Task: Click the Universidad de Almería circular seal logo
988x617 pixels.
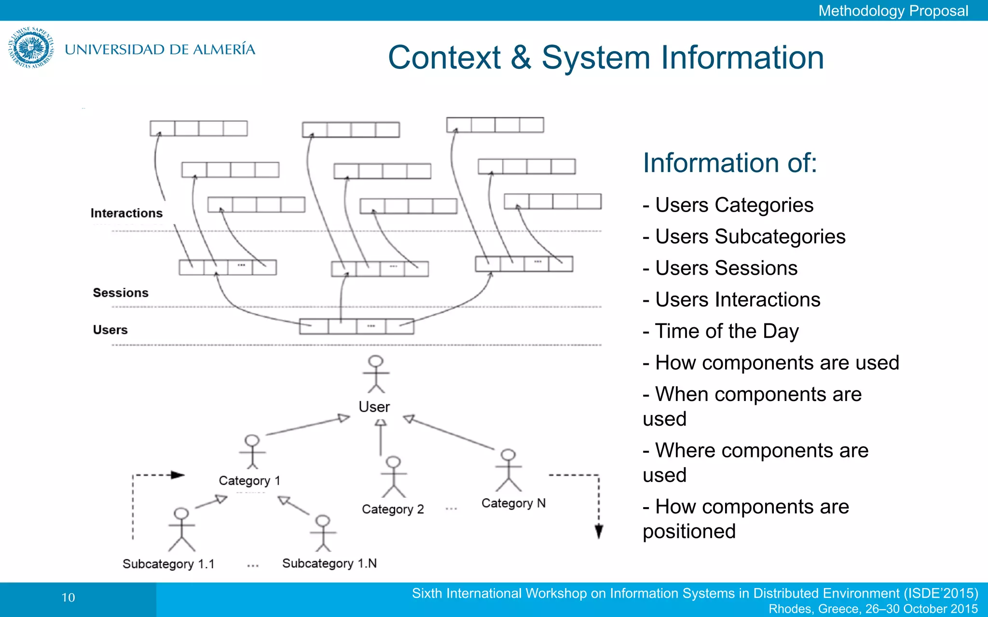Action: (x=31, y=48)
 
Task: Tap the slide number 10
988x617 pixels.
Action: (x=69, y=598)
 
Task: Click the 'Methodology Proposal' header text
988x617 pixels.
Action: (x=893, y=11)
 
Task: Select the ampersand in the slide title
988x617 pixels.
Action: (x=521, y=58)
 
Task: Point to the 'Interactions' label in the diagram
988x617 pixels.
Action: (x=126, y=213)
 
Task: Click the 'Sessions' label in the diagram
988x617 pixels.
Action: (x=121, y=293)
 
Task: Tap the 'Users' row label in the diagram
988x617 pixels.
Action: (x=110, y=330)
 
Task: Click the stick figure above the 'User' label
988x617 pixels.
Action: (x=376, y=374)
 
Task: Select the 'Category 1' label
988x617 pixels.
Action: (x=249, y=481)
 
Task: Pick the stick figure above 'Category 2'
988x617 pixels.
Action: (x=394, y=476)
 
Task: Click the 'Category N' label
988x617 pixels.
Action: (x=513, y=503)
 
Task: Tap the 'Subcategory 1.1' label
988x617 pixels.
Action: (x=168, y=564)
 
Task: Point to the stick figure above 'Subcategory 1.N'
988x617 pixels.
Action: (x=323, y=533)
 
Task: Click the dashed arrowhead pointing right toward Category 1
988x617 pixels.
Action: (x=178, y=475)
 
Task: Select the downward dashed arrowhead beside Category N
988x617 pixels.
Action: (x=599, y=531)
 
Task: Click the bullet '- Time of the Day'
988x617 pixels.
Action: (x=721, y=331)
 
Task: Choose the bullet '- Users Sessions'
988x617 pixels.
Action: (x=720, y=268)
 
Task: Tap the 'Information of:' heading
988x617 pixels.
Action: (x=730, y=163)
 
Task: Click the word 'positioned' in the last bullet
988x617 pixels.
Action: (x=689, y=532)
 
